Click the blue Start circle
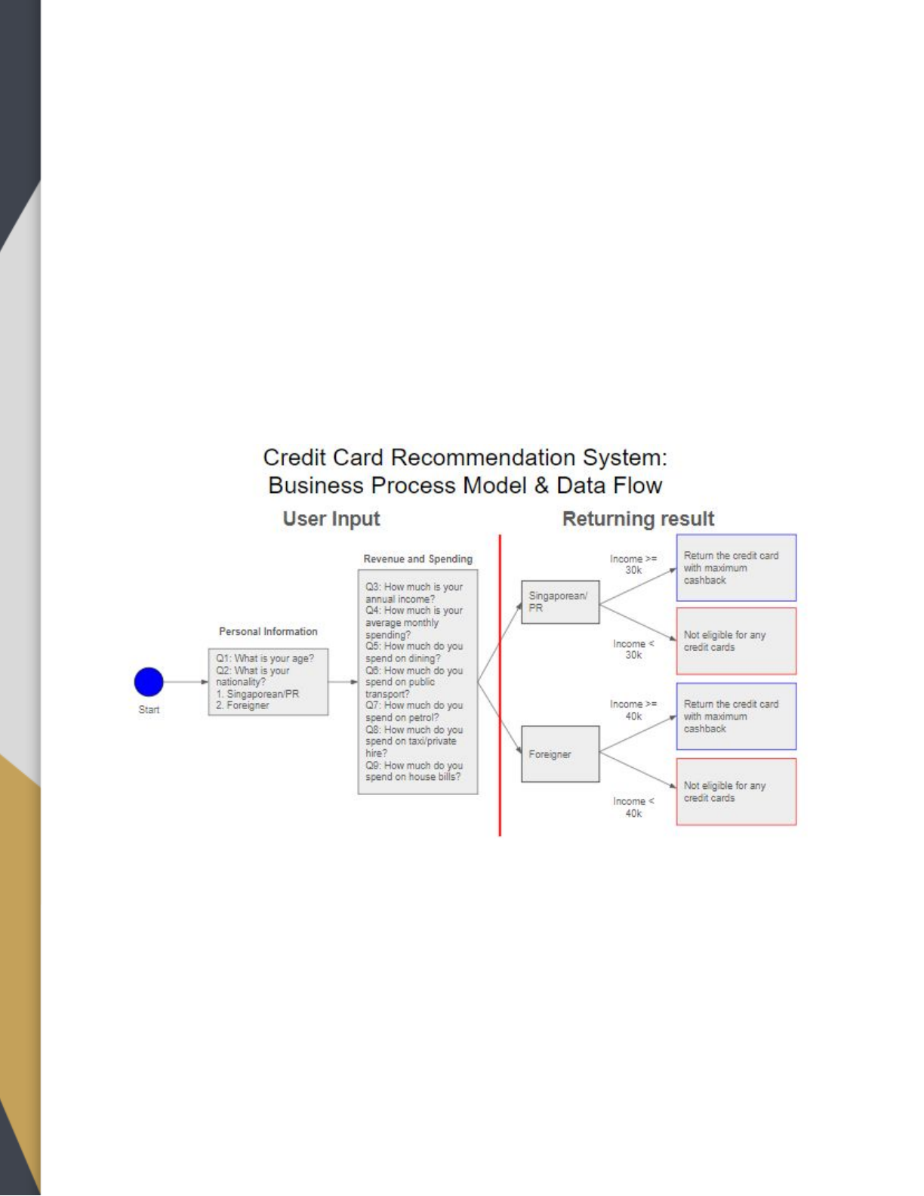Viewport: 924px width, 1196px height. [x=149, y=682]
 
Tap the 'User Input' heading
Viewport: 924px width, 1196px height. [x=331, y=519]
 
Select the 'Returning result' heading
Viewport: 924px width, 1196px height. [x=639, y=519]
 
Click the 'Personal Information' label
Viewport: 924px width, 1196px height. [x=268, y=631]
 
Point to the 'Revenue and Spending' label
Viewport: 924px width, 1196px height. [x=417, y=559]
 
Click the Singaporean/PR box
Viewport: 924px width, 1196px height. [x=560, y=602]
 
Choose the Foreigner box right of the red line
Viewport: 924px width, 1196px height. [x=560, y=754]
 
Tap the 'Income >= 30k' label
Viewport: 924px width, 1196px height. [x=633, y=564]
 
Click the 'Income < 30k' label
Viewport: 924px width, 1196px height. [x=633, y=649]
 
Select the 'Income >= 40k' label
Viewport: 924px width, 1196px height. [x=633, y=710]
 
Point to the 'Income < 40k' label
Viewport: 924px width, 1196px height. [x=633, y=807]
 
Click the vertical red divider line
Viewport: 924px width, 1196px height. [x=500, y=686]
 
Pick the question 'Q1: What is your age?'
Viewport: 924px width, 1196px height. [x=265, y=658]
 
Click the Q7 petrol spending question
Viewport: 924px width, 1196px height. [x=414, y=711]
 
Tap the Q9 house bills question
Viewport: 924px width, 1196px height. [x=414, y=771]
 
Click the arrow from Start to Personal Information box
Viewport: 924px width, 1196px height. [x=186, y=682]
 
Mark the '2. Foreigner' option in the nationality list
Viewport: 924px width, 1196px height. [x=242, y=706]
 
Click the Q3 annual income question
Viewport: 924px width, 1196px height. [x=414, y=593]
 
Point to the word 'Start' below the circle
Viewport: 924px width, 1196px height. [x=149, y=710]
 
